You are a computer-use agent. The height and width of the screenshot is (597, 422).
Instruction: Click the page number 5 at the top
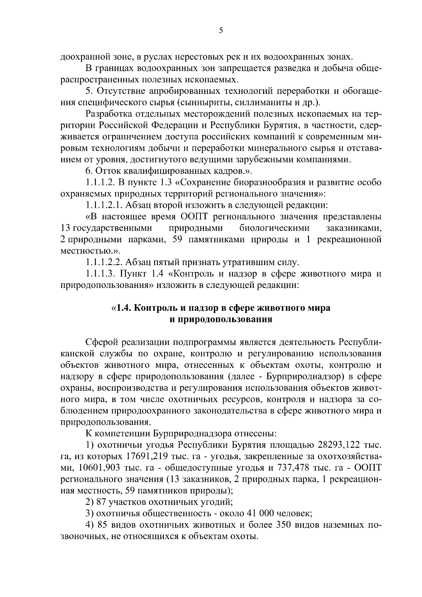tap(221, 31)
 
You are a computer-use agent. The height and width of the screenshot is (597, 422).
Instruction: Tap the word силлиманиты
tap(261, 102)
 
